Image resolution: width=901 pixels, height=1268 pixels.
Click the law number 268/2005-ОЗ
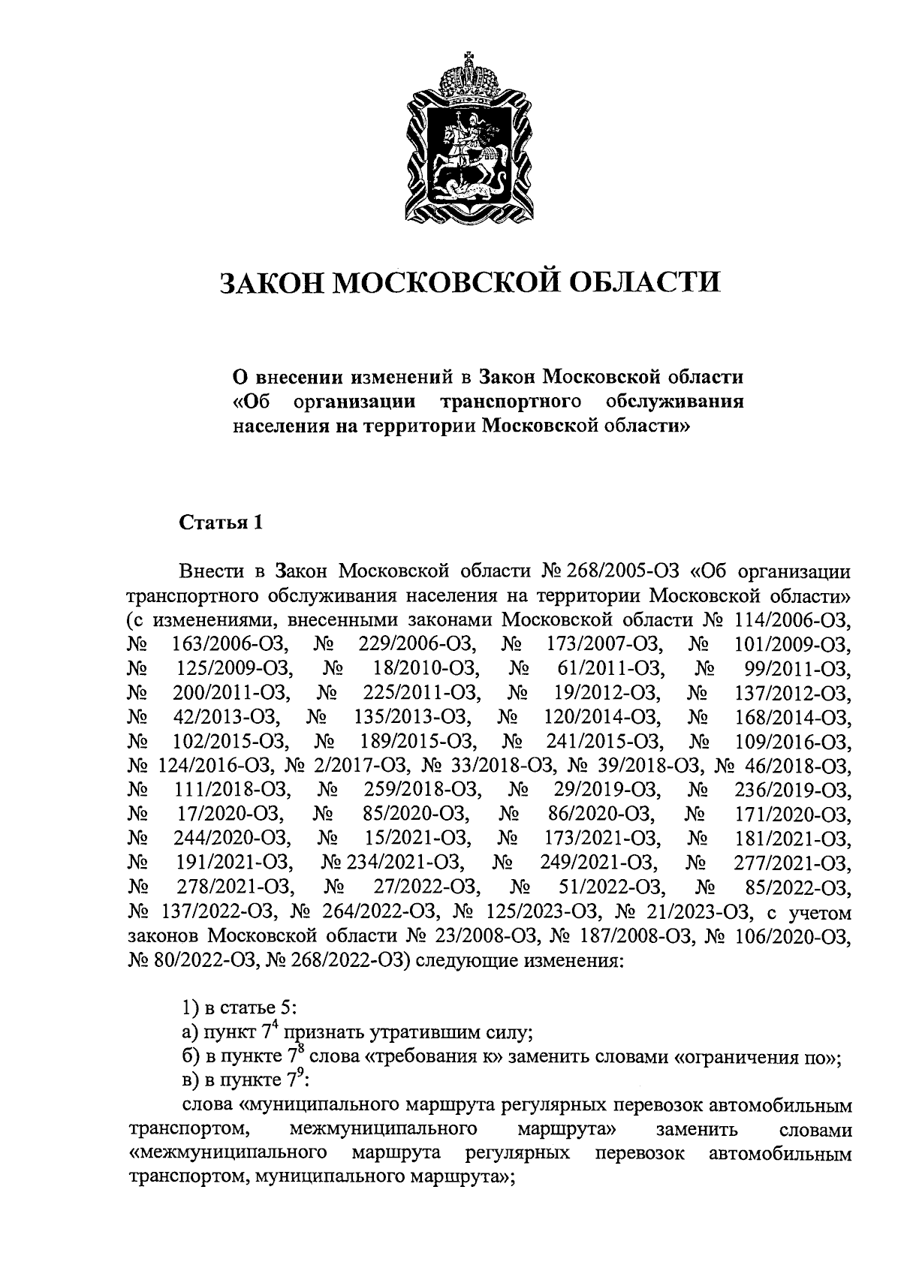click(x=619, y=573)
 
